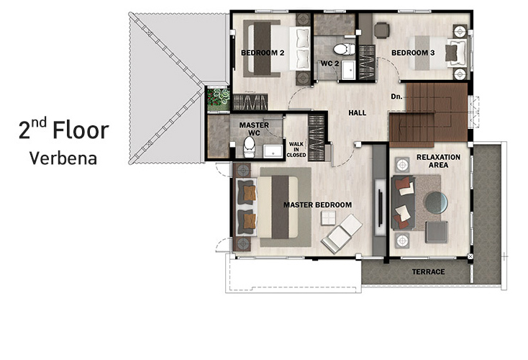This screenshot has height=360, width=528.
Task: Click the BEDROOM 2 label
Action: (x=263, y=53)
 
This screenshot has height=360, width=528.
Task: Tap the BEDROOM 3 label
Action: (x=413, y=53)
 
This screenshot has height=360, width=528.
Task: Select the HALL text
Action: (x=358, y=113)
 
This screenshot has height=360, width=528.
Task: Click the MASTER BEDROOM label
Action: (x=317, y=205)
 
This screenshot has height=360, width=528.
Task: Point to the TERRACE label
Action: (x=428, y=271)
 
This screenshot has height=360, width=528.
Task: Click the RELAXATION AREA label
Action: (x=438, y=161)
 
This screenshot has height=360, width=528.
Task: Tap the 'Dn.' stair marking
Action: (x=396, y=96)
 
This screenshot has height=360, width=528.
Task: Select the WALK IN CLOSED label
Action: (x=296, y=150)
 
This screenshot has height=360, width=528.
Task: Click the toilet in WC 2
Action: (x=344, y=49)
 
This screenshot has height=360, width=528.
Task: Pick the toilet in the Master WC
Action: (x=249, y=148)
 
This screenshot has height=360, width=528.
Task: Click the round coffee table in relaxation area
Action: (x=437, y=203)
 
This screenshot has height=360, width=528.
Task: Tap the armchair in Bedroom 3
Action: (x=381, y=30)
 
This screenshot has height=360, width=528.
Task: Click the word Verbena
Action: (x=63, y=158)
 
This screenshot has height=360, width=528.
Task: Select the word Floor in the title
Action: (x=81, y=130)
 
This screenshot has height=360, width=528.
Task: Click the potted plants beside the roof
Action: (x=218, y=99)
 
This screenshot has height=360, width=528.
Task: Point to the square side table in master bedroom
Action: (x=328, y=217)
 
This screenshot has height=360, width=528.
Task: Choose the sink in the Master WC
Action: (x=273, y=151)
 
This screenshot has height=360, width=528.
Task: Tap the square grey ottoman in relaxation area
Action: (x=437, y=232)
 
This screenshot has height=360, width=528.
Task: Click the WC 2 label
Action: (x=329, y=63)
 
